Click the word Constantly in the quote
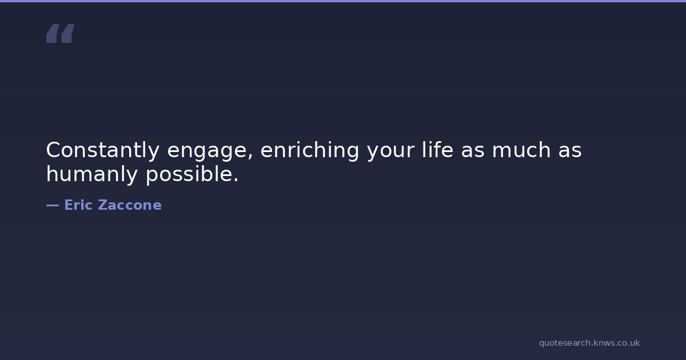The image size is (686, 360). click(x=102, y=150)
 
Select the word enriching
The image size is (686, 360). click(x=310, y=150)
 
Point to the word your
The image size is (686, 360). click(x=390, y=152)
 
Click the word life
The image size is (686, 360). click(x=437, y=149)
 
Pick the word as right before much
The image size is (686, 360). click(x=473, y=151)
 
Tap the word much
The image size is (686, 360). click(x=521, y=149)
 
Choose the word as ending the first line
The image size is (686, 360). click(x=569, y=151)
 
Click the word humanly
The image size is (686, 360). click(x=92, y=175)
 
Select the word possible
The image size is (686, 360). click(x=189, y=175)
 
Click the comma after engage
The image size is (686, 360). click(x=250, y=157)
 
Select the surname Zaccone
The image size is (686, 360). click(x=130, y=205)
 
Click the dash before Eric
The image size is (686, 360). click(x=53, y=205)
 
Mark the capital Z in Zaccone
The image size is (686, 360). click(x=103, y=205)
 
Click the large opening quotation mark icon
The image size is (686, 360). click(x=61, y=33)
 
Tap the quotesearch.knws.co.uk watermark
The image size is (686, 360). click(x=589, y=343)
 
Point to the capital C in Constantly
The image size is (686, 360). click(x=53, y=150)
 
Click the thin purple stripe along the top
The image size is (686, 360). click(x=343, y=1)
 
